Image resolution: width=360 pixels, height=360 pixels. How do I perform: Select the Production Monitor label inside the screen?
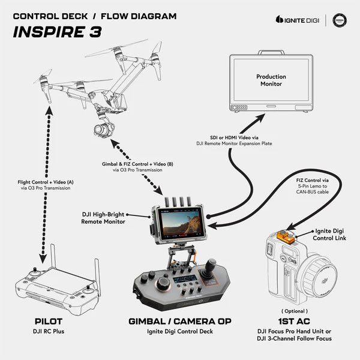pos(271,80)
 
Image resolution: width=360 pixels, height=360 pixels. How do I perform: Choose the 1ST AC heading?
pos(295,321)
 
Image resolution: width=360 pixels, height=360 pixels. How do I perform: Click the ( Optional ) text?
pos(295,311)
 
